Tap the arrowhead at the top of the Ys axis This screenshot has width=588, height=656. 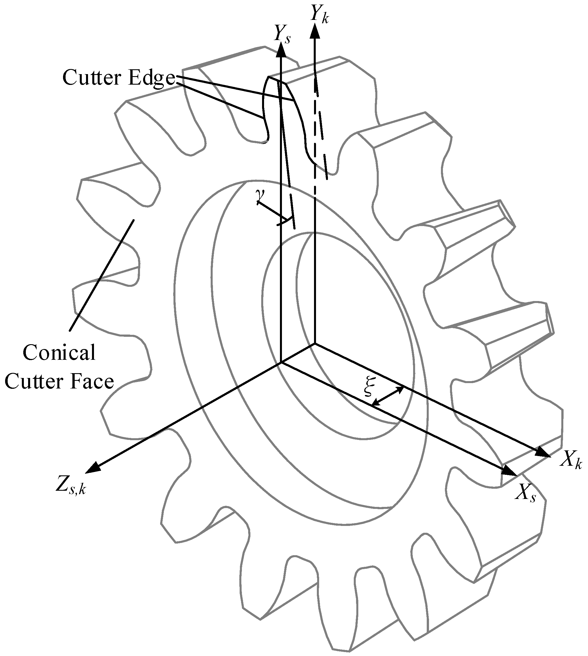point(281,49)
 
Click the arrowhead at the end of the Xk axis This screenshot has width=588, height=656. point(543,453)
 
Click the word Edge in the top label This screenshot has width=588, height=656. point(152,78)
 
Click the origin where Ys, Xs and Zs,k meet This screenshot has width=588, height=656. point(281,363)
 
